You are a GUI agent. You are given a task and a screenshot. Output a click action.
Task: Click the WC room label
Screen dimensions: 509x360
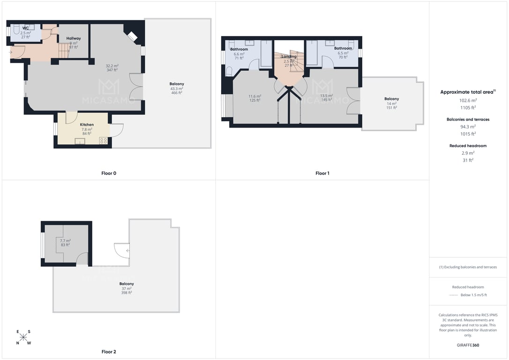[26, 28]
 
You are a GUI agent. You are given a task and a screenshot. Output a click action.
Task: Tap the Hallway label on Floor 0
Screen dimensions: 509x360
[74, 38]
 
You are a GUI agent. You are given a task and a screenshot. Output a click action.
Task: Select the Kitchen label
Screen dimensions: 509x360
[87, 125]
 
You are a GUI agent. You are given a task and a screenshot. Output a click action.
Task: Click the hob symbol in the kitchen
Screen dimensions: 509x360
[104, 141]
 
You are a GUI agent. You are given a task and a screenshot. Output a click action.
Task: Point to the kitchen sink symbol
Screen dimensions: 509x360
[80, 141]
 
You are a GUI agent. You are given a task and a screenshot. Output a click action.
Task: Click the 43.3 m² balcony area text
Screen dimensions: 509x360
[177, 89]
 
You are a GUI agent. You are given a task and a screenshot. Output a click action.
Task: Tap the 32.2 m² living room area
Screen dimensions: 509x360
[112, 66]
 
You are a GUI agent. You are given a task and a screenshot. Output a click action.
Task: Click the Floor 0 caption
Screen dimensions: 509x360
[109, 173]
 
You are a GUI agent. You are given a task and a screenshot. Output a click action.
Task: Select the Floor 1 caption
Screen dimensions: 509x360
[322, 173]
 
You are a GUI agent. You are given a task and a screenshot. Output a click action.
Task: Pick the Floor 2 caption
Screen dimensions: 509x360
[109, 352]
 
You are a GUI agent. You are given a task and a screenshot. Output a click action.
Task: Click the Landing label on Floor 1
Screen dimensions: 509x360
[289, 56]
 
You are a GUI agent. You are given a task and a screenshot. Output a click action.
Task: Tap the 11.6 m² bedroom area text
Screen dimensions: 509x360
[255, 97]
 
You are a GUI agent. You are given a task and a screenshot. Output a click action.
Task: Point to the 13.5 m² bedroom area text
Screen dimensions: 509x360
[327, 96]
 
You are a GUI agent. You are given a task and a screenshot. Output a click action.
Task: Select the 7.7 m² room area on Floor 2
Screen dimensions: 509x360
[65, 241]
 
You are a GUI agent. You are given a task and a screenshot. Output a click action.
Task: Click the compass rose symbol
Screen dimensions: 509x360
[23, 337]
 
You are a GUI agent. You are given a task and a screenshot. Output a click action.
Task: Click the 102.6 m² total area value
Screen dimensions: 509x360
[468, 101]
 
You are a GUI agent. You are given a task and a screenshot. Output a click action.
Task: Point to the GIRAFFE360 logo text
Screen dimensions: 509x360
[468, 345]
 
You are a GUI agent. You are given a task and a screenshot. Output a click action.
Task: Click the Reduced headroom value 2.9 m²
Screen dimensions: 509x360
[468, 153]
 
